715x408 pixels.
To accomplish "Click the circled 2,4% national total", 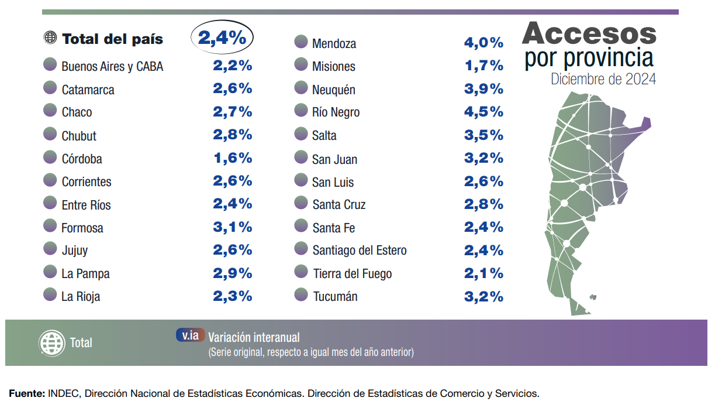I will (222, 38).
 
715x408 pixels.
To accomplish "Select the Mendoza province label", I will (334, 44).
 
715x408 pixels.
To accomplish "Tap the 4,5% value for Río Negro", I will (483, 112).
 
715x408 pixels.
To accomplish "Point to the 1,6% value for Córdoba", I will (232, 158).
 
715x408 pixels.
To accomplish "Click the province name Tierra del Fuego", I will (352, 273).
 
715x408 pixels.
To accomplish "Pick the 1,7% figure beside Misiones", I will (483, 66).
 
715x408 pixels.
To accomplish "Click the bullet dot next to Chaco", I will (50, 111).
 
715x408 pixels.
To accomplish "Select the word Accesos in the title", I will (589, 34).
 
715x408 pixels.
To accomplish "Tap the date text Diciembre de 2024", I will (603, 79).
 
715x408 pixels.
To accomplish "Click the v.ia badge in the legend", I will (191, 335).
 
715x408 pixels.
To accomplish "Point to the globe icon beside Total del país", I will (50, 38).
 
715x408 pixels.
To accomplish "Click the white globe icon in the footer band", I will (51, 342).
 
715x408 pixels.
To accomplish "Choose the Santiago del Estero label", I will (359, 251).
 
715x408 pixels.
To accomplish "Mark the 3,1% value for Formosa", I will (232, 227).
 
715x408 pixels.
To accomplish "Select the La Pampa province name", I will (85, 273).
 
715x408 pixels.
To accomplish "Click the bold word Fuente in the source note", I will (26, 393).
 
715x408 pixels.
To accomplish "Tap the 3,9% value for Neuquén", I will (483, 89).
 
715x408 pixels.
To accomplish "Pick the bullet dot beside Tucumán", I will (301, 295).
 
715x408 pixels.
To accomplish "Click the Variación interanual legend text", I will (254, 337).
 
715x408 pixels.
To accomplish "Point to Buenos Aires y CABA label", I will (112, 67).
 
